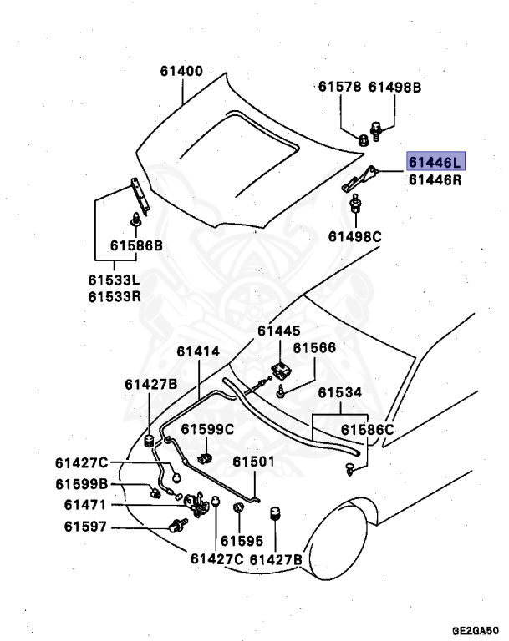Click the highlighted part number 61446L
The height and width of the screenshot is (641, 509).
coord(433,161)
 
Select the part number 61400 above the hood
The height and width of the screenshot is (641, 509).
coord(181,71)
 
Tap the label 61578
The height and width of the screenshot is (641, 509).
coord(339,86)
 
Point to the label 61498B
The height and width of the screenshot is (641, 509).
coord(395,86)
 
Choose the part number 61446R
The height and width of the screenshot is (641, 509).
coord(433,179)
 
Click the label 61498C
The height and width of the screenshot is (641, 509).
coord(354,236)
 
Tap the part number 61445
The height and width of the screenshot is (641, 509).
coord(278,331)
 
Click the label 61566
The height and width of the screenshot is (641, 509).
coord(313,348)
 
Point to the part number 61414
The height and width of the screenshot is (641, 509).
coord(198,351)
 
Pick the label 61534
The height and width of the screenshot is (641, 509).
coord(339,392)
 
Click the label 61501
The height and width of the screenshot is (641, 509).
coord(253,462)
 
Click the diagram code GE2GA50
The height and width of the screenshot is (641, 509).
coord(476,630)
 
